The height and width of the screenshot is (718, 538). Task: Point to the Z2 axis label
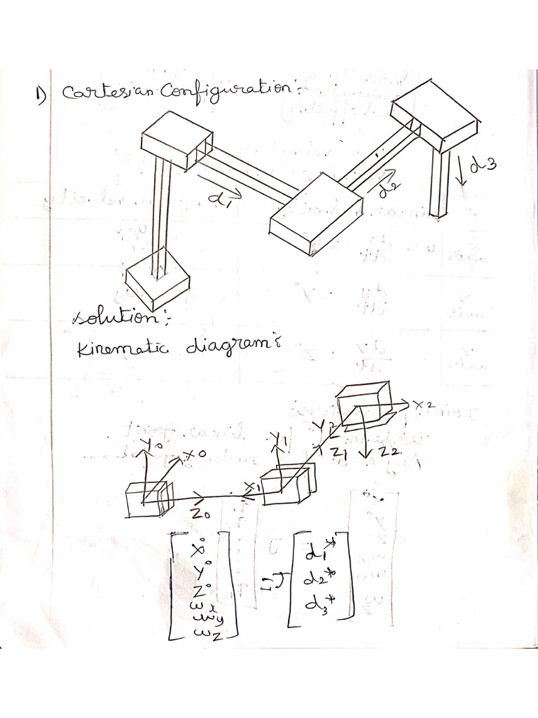pyautogui.click(x=389, y=454)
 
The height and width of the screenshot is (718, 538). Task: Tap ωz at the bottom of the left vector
pyautogui.click(x=203, y=633)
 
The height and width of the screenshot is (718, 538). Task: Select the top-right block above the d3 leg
pyautogui.click(x=434, y=114)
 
